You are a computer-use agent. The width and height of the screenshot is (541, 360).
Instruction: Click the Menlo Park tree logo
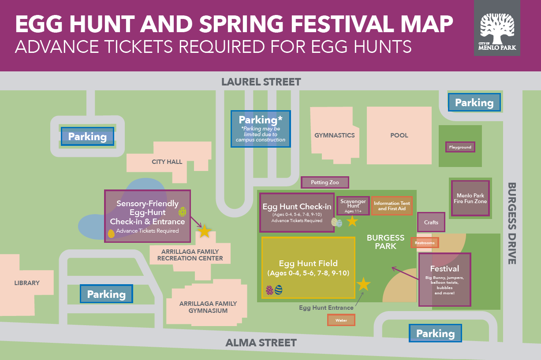pyautogui.click(x=497, y=28)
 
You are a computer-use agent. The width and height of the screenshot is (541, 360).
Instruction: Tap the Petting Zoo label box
pyautogui.click(x=325, y=182)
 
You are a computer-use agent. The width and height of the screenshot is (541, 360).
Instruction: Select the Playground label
pyautogui.click(x=460, y=147)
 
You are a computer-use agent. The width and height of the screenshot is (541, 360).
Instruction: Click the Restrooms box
pyautogui.click(x=425, y=243)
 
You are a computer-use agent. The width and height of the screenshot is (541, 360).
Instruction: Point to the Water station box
pyautogui.click(x=341, y=320)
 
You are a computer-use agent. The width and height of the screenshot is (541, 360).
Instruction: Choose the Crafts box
pyautogui.click(x=431, y=223)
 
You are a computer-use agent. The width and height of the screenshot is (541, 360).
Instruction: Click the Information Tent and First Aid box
pyautogui.click(x=392, y=206)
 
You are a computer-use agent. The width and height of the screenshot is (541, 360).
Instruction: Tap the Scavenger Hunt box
pyautogui.click(x=353, y=206)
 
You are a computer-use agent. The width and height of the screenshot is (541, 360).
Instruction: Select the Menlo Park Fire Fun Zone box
pyautogui.click(x=470, y=198)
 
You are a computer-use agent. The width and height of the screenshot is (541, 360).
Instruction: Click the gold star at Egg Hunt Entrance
pyautogui.click(x=363, y=284)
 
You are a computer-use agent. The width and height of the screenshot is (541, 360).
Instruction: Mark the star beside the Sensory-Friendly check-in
pyautogui.click(x=204, y=231)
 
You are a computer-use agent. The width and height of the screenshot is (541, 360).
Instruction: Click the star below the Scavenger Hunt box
pyautogui.click(x=352, y=221)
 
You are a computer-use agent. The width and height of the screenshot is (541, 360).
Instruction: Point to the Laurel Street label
pyautogui.click(x=261, y=82)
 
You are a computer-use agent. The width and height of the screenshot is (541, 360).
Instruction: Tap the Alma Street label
pyautogui.click(x=261, y=342)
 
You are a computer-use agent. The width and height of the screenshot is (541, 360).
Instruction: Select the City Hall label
pyautogui.click(x=167, y=162)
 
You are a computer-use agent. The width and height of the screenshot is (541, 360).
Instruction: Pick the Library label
pyautogui.click(x=27, y=283)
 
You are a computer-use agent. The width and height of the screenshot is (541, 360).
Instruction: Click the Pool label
pyautogui.click(x=399, y=135)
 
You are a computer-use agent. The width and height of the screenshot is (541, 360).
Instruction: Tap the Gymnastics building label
pyautogui.click(x=334, y=135)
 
